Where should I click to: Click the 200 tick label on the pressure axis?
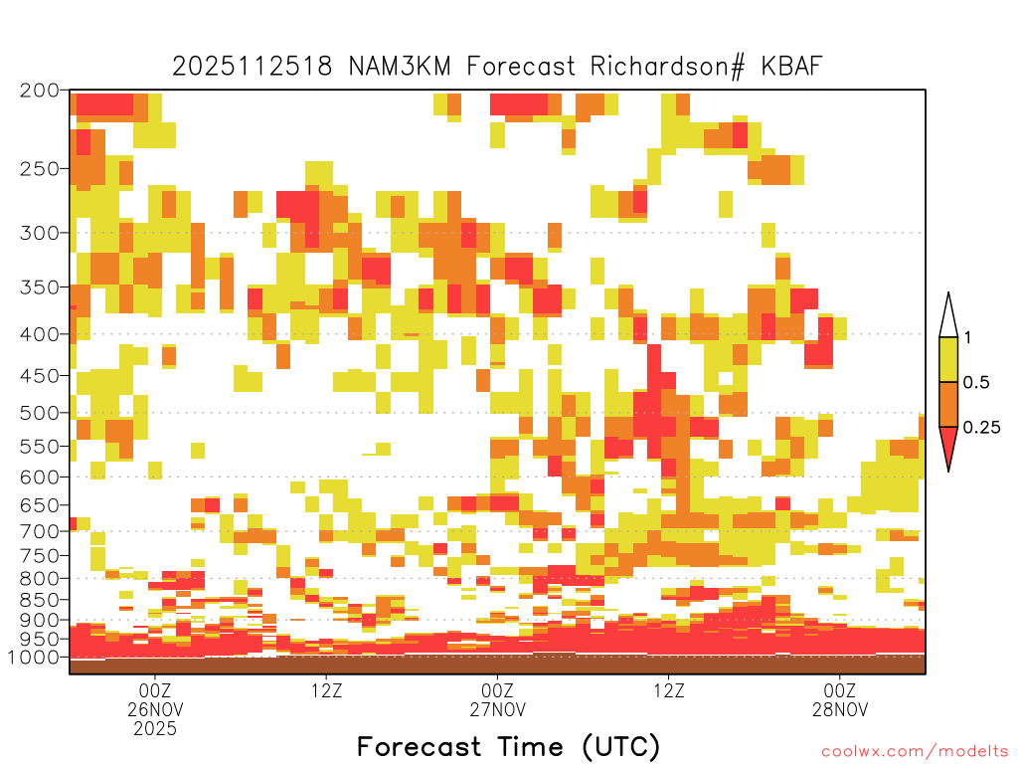point(39,91)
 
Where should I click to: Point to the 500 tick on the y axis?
point(39,413)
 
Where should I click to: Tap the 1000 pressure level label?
point(33,658)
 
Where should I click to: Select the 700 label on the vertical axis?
point(39,531)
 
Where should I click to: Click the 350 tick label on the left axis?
point(39,287)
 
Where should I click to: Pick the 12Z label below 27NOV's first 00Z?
point(669,690)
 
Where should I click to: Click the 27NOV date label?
point(497,709)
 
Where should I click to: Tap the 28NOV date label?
point(840,709)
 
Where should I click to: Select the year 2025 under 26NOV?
point(155,728)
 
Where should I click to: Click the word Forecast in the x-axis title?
point(419,746)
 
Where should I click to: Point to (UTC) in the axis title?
point(620,747)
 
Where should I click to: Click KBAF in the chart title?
point(791,67)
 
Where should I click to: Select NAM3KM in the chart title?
point(400,67)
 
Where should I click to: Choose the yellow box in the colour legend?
point(948,359)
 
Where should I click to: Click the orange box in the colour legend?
point(948,404)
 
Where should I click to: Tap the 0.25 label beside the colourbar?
point(981,428)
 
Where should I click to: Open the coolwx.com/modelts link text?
point(915,752)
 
